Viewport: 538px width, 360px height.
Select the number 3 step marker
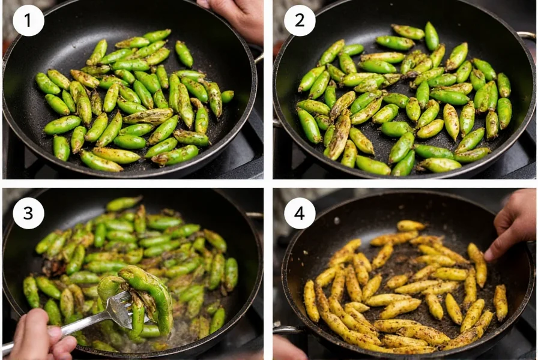tap(28, 213)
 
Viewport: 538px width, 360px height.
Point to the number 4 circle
tap(299, 213)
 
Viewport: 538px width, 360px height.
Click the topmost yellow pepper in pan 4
tap(411, 226)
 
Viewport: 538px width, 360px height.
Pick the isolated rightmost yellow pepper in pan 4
tap(500, 302)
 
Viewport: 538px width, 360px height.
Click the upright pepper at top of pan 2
tap(431, 35)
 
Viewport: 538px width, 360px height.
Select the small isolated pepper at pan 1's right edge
tap(227, 96)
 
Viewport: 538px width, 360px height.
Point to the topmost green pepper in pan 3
tap(124, 203)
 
